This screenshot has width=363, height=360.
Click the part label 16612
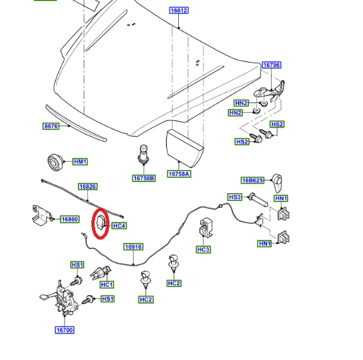point(179,10)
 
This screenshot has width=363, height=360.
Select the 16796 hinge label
point(272,65)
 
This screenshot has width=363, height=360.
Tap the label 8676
point(51,126)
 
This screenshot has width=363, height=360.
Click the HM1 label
point(80,162)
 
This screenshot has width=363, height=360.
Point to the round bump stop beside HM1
point(55,162)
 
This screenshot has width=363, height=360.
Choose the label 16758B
point(144,178)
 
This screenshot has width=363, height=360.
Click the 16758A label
point(179,174)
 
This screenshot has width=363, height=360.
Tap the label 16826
point(88,187)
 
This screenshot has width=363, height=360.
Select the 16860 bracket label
point(70,219)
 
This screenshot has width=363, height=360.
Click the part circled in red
point(102,223)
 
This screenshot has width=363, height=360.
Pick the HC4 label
point(119,225)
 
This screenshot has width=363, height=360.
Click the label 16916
point(133,247)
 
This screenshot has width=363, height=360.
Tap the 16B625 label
point(252,180)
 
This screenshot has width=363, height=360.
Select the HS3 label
point(235,197)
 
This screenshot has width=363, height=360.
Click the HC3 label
point(203,249)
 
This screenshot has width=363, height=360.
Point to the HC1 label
point(107,285)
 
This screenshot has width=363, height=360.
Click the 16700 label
point(64,330)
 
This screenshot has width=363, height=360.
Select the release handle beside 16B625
point(277,183)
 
